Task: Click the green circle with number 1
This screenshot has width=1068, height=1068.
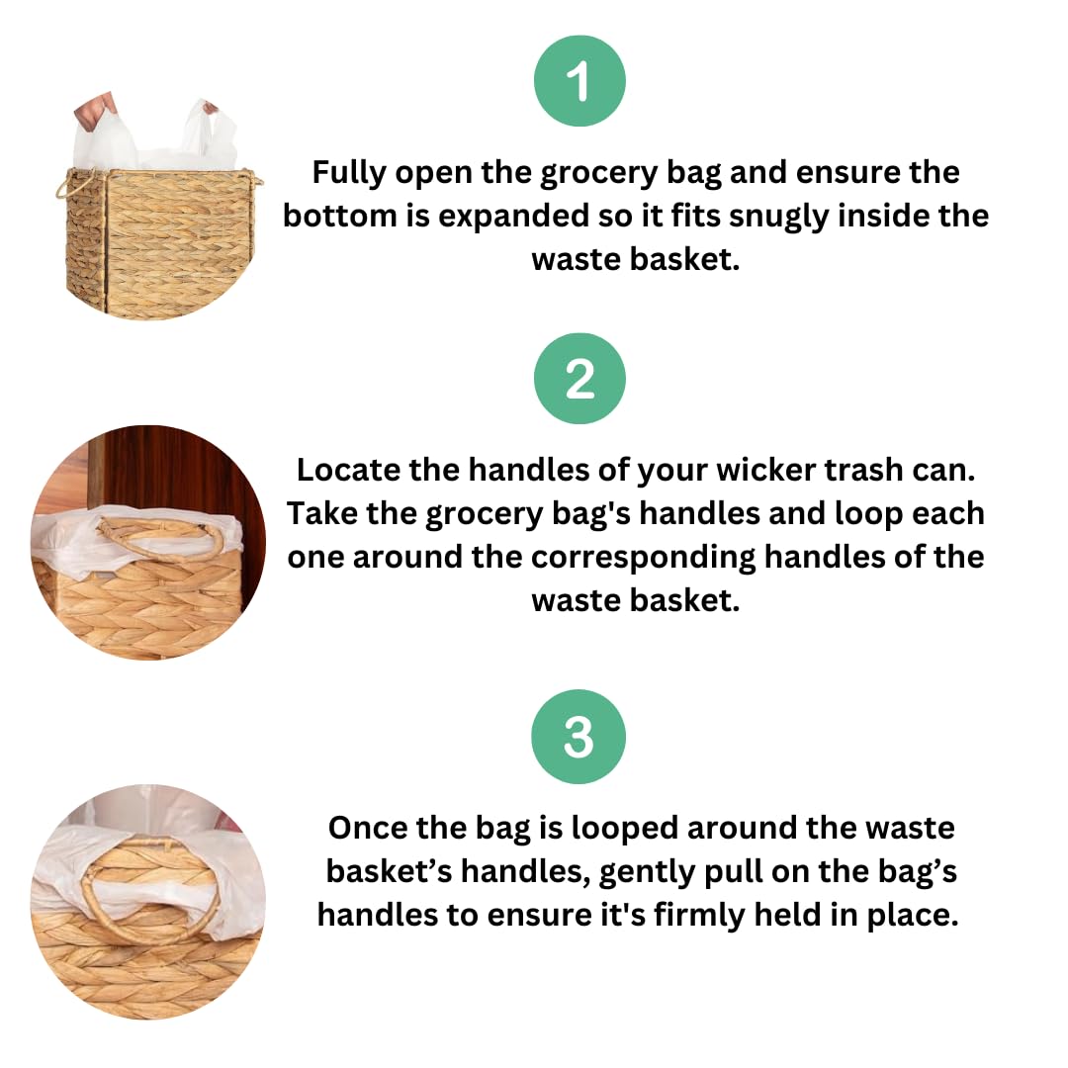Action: pyautogui.click(x=578, y=81)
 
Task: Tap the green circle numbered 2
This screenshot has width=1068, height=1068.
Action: pyautogui.click(x=578, y=379)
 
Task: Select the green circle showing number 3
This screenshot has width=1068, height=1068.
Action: pyautogui.click(x=578, y=737)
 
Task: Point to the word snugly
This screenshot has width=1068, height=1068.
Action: pyautogui.click(x=778, y=218)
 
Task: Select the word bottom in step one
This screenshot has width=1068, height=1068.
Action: pyautogui.click(x=340, y=216)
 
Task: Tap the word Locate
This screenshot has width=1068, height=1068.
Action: pyautogui.click(x=348, y=470)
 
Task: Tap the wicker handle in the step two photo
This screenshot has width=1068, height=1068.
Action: pyautogui.click(x=161, y=535)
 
